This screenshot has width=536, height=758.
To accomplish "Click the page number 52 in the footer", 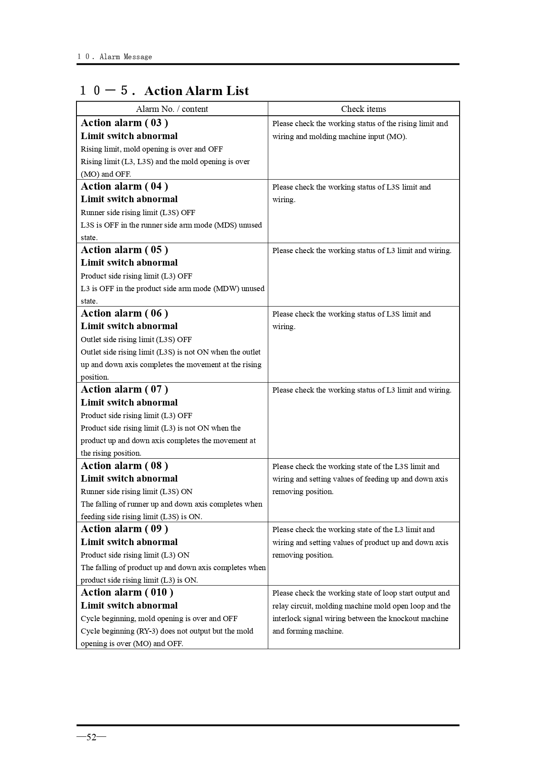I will [91, 737].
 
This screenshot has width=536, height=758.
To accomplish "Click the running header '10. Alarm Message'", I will [114, 57].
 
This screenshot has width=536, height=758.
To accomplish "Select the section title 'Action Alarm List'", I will [197, 91].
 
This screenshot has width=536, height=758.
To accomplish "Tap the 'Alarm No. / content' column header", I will [172, 109].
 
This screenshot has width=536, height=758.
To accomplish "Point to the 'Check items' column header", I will [363, 109].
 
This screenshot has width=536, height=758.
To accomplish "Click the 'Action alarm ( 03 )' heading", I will [124, 123].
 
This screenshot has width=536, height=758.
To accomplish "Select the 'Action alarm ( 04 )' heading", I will [124, 186].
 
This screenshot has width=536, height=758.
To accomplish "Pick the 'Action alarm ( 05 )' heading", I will [124, 250].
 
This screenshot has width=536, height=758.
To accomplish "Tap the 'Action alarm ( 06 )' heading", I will [124, 313].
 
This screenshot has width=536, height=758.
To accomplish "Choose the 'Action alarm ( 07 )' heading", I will [124, 389].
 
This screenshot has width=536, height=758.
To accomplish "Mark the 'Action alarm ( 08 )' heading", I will [124, 466].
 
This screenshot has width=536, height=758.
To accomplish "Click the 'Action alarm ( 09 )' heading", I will [124, 529].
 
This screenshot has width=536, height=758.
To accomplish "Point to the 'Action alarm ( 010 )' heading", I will [127, 592].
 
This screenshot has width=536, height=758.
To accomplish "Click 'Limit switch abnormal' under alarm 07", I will [129, 403].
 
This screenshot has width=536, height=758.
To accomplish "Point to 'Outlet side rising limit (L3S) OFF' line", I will [136, 339].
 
